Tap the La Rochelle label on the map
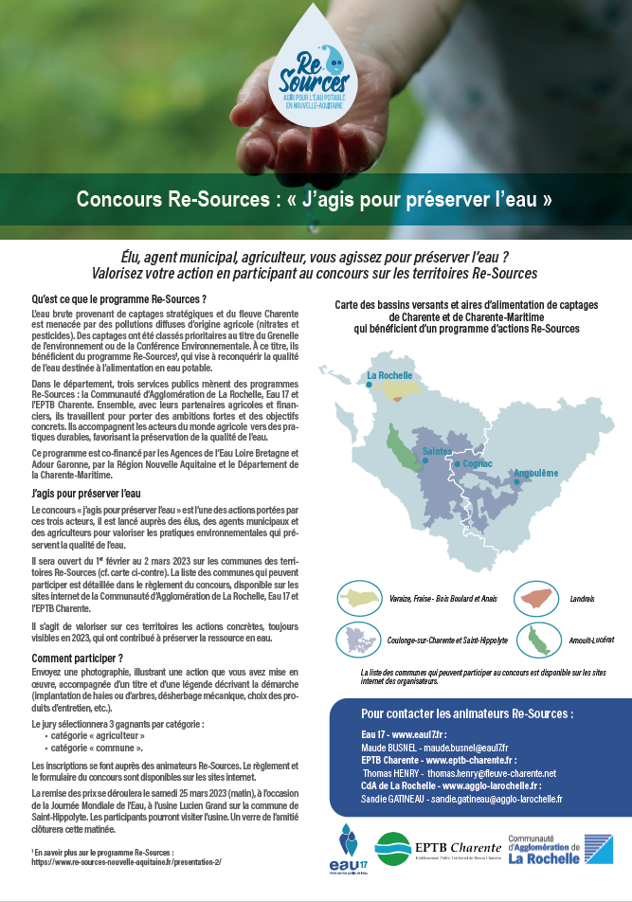coord(389,376)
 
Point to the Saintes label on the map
coord(438,451)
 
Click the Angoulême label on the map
coord(536,473)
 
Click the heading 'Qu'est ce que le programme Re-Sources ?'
coord(119,299)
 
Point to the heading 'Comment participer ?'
coord(78,658)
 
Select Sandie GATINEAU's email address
coord(496,799)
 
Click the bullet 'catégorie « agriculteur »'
coord(99,734)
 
